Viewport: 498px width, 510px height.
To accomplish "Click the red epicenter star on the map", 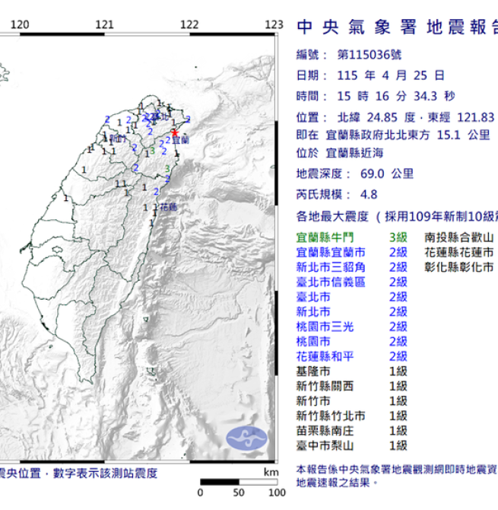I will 175,132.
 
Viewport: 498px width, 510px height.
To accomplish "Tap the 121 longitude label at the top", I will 106,25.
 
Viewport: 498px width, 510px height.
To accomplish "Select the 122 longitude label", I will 190,25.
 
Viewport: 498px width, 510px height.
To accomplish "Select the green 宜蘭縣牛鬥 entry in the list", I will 325,237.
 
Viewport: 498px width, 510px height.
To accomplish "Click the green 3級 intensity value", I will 398,237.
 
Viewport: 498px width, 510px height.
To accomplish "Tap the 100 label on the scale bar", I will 276,492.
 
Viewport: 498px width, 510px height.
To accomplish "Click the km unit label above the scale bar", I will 271,472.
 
